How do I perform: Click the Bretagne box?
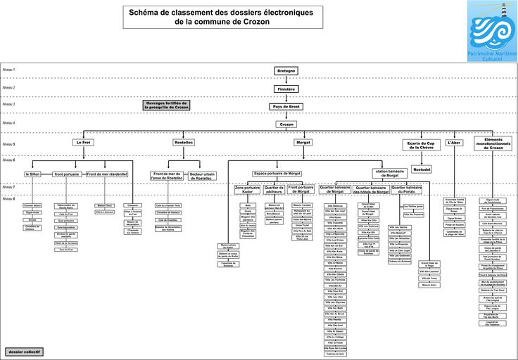(286, 71)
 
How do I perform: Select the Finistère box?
(286, 89)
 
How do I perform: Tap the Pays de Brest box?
(286, 107)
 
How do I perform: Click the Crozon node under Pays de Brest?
(286, 124)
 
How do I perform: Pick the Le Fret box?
(84, 142)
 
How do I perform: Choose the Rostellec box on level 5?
(184, 142)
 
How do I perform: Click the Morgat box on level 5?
(303, 142)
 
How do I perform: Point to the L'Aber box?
(455, 142)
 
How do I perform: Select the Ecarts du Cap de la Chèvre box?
(421, 145)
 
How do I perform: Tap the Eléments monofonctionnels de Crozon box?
(493, 143)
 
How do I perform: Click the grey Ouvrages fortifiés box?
(167, 105)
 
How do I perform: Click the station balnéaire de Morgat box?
(389, 173)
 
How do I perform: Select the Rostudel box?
(422, 169)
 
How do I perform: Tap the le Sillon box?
(32, 174)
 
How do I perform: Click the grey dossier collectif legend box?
(25, 351)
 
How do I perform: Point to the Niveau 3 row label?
(9, 104)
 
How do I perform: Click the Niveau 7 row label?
(9, 187)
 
